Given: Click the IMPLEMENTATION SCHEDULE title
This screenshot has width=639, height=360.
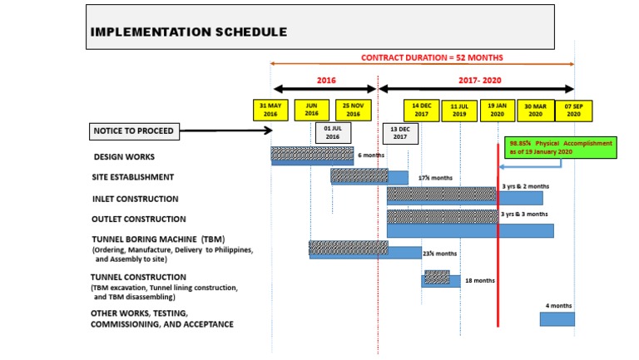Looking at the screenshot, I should [189, 32].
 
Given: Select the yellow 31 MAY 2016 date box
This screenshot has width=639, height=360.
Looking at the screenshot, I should [271, 111].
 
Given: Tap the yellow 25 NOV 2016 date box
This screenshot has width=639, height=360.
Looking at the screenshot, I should [354, 111].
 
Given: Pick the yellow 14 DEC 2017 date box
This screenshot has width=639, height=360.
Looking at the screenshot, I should [421, 111].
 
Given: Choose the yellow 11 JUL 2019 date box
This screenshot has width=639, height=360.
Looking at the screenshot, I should [459, 111].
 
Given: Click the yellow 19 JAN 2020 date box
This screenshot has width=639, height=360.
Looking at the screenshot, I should [498, 111].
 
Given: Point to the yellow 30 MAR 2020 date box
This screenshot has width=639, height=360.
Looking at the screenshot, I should [536, 111].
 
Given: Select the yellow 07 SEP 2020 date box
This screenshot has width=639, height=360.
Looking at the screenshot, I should [574, 111].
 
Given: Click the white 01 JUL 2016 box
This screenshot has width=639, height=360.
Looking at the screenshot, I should [332, 133].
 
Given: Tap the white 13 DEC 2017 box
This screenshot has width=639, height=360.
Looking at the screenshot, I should [400, 134].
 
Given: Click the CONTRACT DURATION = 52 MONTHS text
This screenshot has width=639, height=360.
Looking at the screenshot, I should [432, 57].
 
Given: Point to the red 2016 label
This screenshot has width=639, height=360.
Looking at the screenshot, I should [326, 81].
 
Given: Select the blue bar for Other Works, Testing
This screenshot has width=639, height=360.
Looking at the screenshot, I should [557, 319].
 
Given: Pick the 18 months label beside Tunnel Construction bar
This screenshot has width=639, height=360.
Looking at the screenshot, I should [480, 281].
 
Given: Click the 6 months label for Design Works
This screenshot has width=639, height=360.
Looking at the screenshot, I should [370, 155].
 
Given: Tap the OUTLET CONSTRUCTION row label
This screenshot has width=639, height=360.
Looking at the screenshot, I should [138, 219].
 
